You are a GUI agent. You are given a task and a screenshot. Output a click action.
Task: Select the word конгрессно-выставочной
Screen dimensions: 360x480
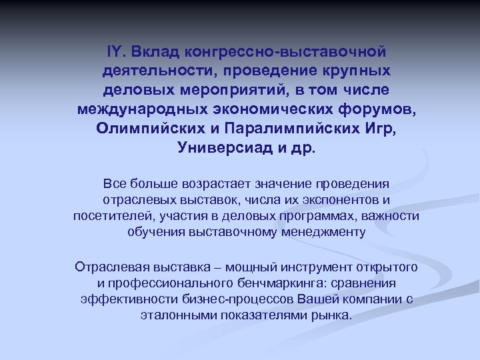tap(286, 51)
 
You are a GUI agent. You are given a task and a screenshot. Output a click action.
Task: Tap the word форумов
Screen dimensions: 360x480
tap(365, 108)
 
